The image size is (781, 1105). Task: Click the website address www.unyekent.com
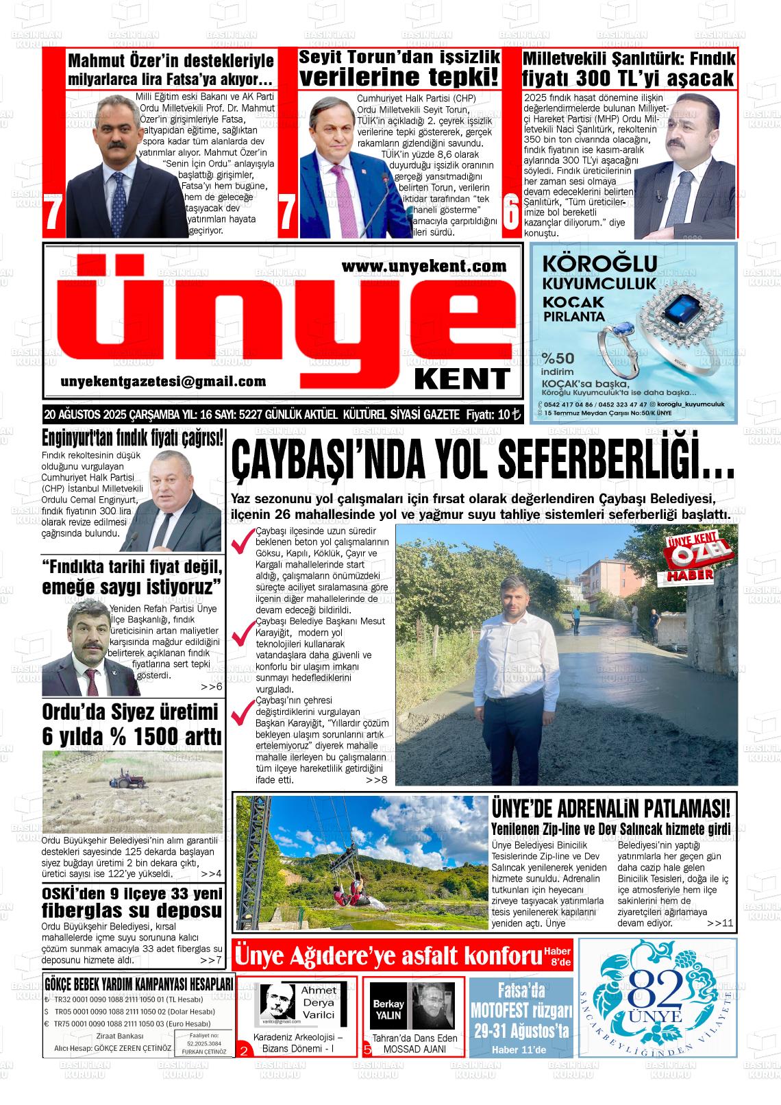tap(423, 266)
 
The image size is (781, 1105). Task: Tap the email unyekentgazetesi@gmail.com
tap(163, 382)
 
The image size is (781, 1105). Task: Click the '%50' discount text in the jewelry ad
tap(558, 359)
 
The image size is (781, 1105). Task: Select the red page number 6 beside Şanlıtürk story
tap(510, 215)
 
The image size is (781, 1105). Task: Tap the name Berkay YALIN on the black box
tap(388, 1004)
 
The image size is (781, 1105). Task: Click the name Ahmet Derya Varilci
tap(319, 1001)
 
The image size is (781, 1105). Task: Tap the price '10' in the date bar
tap(504, 415)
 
